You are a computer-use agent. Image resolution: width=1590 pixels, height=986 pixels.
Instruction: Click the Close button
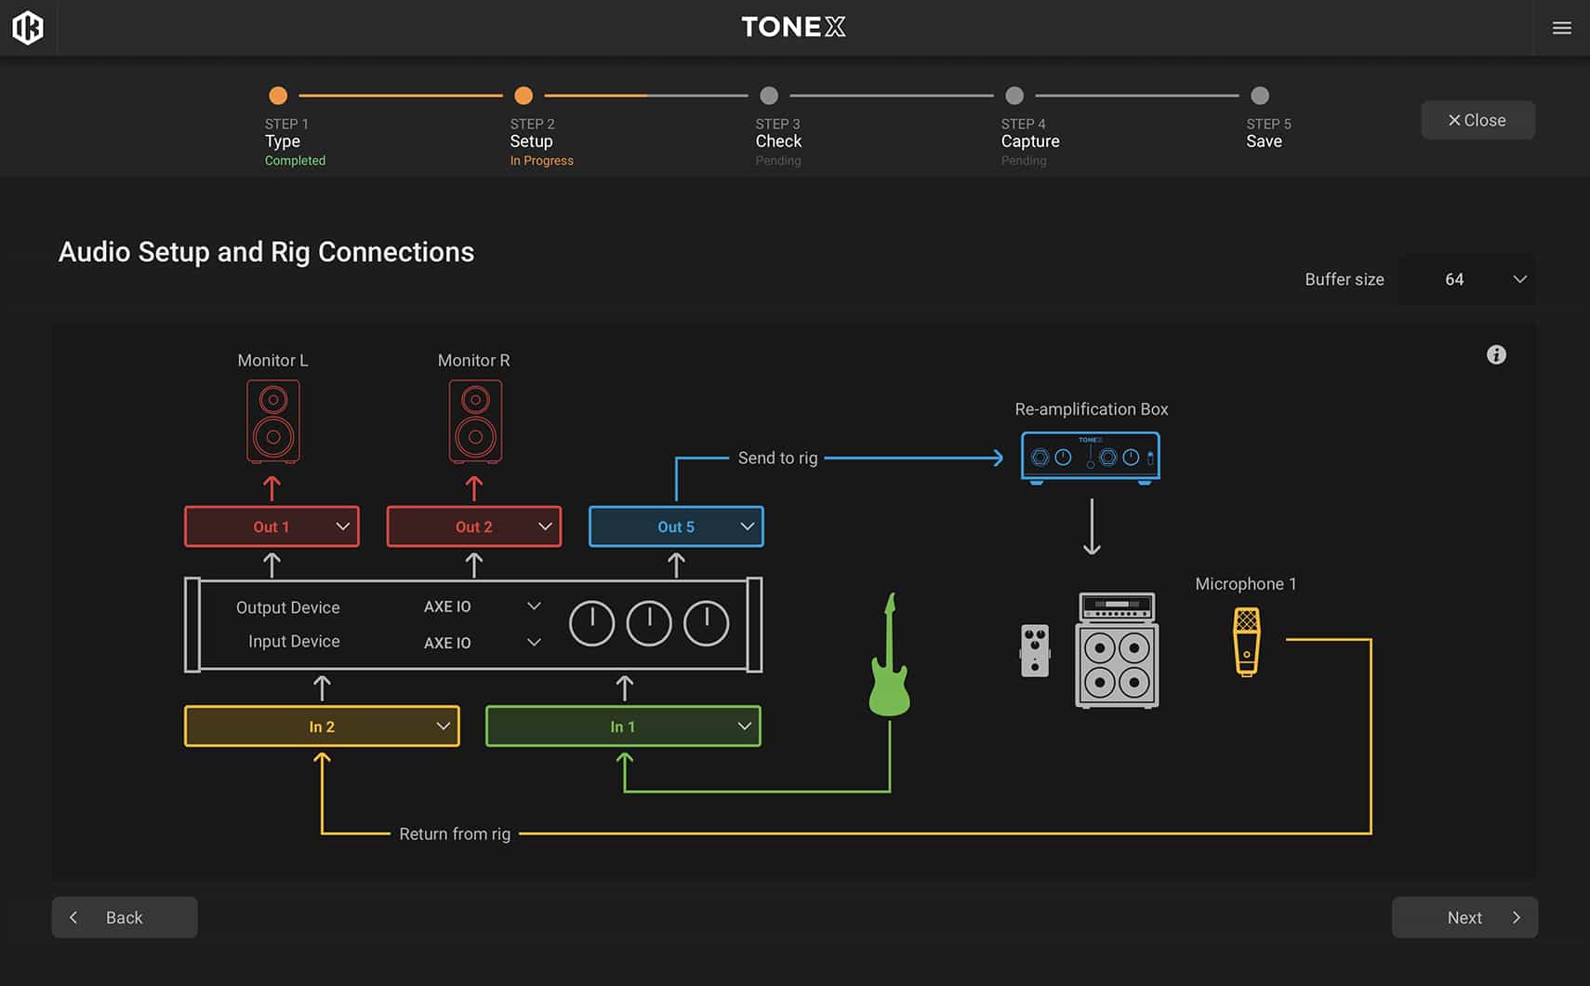point(1477,120)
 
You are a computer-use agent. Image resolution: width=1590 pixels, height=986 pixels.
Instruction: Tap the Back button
point(125,917)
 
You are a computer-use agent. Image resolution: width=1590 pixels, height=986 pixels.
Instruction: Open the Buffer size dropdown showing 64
point(1466,279)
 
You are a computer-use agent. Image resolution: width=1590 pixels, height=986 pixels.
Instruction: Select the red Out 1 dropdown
point(272,526)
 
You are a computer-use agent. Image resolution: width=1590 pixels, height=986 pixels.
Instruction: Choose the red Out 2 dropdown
point(474,526)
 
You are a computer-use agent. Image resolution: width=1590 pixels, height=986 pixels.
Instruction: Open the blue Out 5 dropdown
point(677,526)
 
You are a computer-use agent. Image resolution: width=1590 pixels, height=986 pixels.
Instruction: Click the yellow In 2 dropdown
point(322,726)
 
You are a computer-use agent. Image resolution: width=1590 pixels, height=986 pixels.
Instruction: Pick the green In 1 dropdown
point(623,726)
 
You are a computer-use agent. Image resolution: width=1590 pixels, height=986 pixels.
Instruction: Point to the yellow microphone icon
point(1247,642)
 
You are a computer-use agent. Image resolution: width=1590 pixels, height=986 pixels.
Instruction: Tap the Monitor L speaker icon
point(273,421)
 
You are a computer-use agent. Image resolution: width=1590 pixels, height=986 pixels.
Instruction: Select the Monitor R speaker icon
point(475,421)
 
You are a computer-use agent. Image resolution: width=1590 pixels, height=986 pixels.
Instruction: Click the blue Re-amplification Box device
point(1091,457)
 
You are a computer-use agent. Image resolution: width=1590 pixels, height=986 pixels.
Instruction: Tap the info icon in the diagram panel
point(1496,355)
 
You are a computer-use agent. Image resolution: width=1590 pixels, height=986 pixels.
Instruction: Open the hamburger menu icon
point(1561,28)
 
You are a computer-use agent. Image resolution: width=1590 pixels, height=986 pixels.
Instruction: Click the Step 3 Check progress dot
point(769,95)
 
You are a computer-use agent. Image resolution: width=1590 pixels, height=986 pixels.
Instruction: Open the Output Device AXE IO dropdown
point(483,606)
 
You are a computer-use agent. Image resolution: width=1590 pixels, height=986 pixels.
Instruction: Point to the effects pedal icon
point(1035,650)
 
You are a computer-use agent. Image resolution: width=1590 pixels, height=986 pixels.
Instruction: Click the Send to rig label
point(778,458)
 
